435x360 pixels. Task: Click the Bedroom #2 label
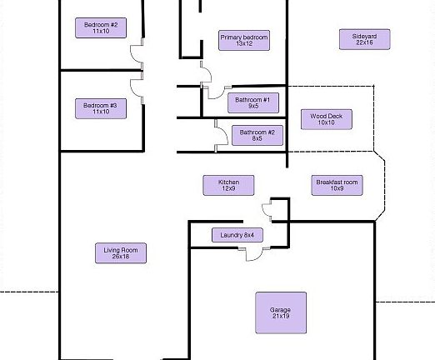[101, 27]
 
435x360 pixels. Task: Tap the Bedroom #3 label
[101, 108]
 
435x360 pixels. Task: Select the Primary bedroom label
[244, 40]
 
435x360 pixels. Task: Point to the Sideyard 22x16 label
[365, 39]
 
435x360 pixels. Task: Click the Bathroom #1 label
[253, 102]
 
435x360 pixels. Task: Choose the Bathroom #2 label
[257, 135]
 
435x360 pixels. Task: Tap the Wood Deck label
[327, 119]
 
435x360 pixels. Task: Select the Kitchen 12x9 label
[228, 185]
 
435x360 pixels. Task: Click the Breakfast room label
[337, 185]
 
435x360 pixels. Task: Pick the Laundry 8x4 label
[237, 235]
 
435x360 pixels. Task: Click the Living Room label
[121, 253]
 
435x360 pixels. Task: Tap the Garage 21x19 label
[281, 312]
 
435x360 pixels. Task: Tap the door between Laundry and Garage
[254, 259]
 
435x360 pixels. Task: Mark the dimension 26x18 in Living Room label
[121, 257]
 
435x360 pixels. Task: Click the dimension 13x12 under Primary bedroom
[244, 43]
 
